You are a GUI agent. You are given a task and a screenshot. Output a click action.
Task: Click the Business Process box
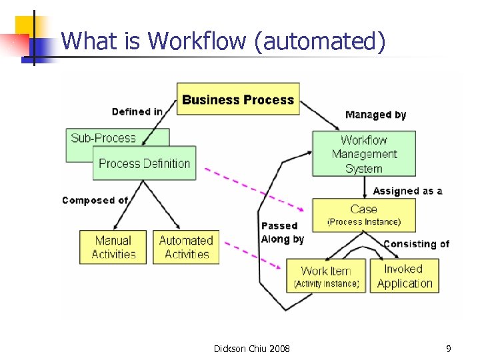coord(238,99)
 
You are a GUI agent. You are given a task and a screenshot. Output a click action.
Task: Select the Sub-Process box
coord(103,138)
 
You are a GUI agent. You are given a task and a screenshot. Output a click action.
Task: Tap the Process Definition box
coord(145,163)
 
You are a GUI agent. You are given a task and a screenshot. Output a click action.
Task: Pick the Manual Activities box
coord(113,247)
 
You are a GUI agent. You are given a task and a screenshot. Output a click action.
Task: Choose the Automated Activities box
coord(186,247)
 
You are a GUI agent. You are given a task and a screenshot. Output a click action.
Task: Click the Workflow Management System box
coord(363,154)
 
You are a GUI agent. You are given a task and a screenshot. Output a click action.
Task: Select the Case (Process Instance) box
coord(363,215)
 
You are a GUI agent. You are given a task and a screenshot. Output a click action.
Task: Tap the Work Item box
coord(326,276)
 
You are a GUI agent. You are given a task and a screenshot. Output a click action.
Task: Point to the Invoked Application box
coord(404,276)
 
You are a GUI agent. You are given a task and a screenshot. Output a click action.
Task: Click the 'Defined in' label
coord(137,111)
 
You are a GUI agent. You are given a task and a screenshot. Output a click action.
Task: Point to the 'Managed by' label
coord(375,115)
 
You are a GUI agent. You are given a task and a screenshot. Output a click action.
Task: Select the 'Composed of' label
coord(95,200)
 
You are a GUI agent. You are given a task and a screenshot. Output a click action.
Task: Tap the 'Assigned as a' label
coord(407,191)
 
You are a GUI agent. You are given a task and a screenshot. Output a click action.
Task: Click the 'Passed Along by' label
coord(282,233)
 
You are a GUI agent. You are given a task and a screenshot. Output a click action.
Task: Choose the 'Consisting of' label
coord(416,244)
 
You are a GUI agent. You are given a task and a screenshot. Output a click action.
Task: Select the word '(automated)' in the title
coord(319,41)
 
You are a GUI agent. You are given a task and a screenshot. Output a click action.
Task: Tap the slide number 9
coord(449,348)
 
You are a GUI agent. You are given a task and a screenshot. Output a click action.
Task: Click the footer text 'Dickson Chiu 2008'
coord(252,348)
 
